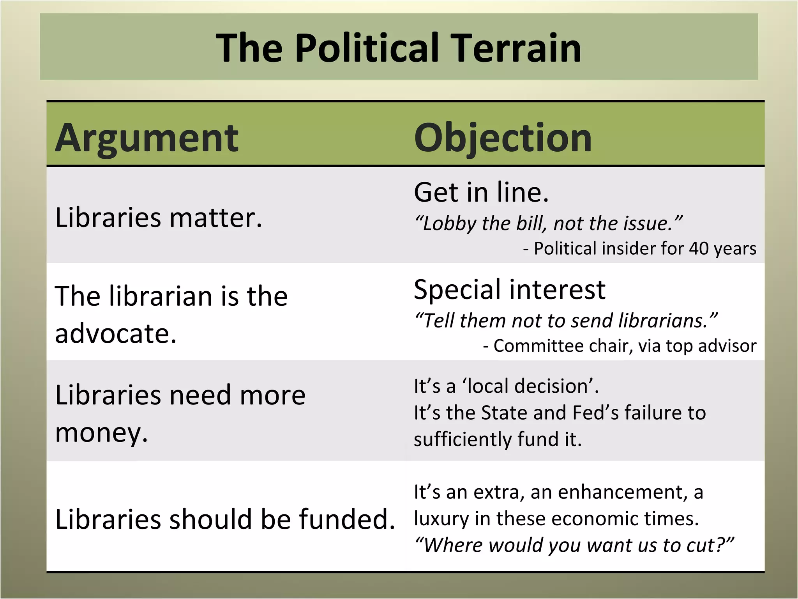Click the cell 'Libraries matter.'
click(x=159, y=218)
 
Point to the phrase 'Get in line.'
click(x=481, y=192)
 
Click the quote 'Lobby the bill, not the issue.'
click(x=548, y=223)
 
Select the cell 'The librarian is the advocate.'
click(x=171, y=314)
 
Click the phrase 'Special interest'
click(x=510, y=290)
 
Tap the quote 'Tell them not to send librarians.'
click(x=566, y=321)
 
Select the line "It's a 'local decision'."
click(x=506, y=386)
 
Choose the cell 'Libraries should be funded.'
click(x=225, y=519)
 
